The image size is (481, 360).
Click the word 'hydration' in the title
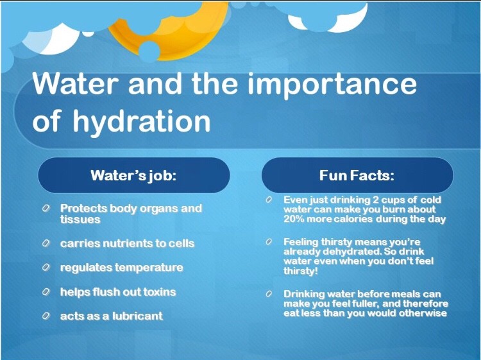(142, 121)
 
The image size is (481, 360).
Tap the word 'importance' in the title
(332, 83)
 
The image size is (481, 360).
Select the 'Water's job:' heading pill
(134, 175)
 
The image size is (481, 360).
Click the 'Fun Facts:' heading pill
(357, 175)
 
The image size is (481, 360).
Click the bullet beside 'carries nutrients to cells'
(46, 243)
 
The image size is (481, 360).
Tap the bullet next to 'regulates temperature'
(46, 268)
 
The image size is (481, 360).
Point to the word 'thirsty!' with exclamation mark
(300, 271)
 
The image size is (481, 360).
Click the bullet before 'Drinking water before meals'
(269, 295)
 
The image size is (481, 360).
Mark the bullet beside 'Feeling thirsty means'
(269, 242)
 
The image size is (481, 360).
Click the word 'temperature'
(149, 268)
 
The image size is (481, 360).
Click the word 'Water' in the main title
(75, 83)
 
